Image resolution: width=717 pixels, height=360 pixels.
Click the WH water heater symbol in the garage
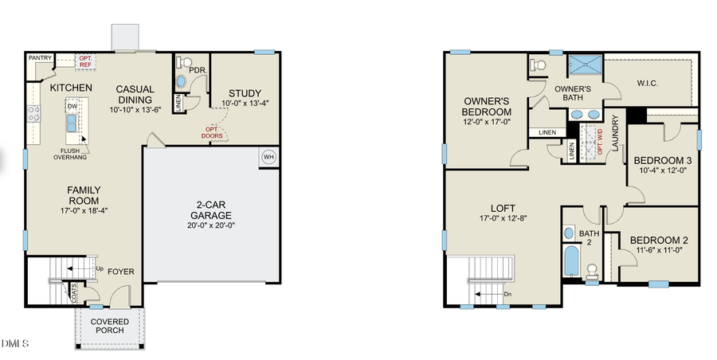[x=268, y=156]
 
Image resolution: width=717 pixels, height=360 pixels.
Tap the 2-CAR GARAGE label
[x=211, y=209]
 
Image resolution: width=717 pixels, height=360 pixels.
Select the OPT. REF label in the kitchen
[x=85, y=61]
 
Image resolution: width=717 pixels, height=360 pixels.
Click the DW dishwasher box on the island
[x=72, y=106]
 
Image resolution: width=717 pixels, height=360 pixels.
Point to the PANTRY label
[x=40, y=58]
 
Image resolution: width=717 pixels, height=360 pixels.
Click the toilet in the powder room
[x=183, y=62]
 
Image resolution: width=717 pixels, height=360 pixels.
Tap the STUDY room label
[x=239, y=92]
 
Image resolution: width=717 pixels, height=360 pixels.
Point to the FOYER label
[x=121, y=272]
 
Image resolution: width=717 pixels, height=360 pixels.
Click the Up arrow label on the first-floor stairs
[x=99, y=268]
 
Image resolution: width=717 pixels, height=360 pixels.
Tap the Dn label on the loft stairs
[x=507, y=294]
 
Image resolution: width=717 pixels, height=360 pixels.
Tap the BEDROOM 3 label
[x=662, y=160]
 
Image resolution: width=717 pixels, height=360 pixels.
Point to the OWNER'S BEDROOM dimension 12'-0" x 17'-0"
[x=487, y=123]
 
